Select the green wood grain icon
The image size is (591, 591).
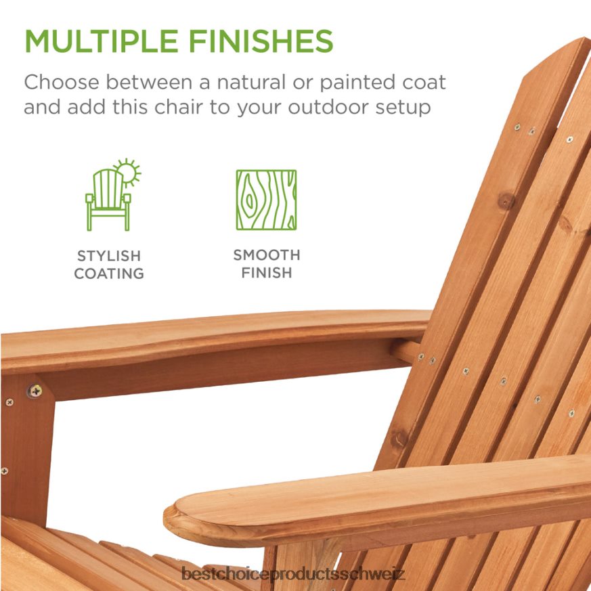click(266, 200)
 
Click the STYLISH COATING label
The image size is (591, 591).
click(109, 265)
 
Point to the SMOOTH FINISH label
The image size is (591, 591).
click(266, 264)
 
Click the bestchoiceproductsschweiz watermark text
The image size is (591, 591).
click(294, 575)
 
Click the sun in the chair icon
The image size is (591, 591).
click(127, 173)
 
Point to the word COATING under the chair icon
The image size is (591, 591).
click(109, 273)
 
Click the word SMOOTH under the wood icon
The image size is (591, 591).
click(266, 255)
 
